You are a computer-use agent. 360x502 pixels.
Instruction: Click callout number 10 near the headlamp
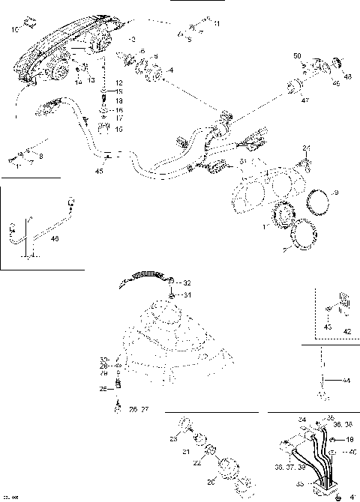pos(15,30)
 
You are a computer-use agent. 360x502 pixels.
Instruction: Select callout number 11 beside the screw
pos(217,25)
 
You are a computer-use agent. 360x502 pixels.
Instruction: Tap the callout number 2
pos(133,37)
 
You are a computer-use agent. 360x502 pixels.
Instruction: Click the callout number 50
pos(296,57)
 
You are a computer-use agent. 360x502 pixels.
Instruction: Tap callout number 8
pos(40,156)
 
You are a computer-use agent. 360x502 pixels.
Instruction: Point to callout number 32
pos(187,282)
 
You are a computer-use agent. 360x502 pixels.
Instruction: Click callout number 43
pos(327,327)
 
